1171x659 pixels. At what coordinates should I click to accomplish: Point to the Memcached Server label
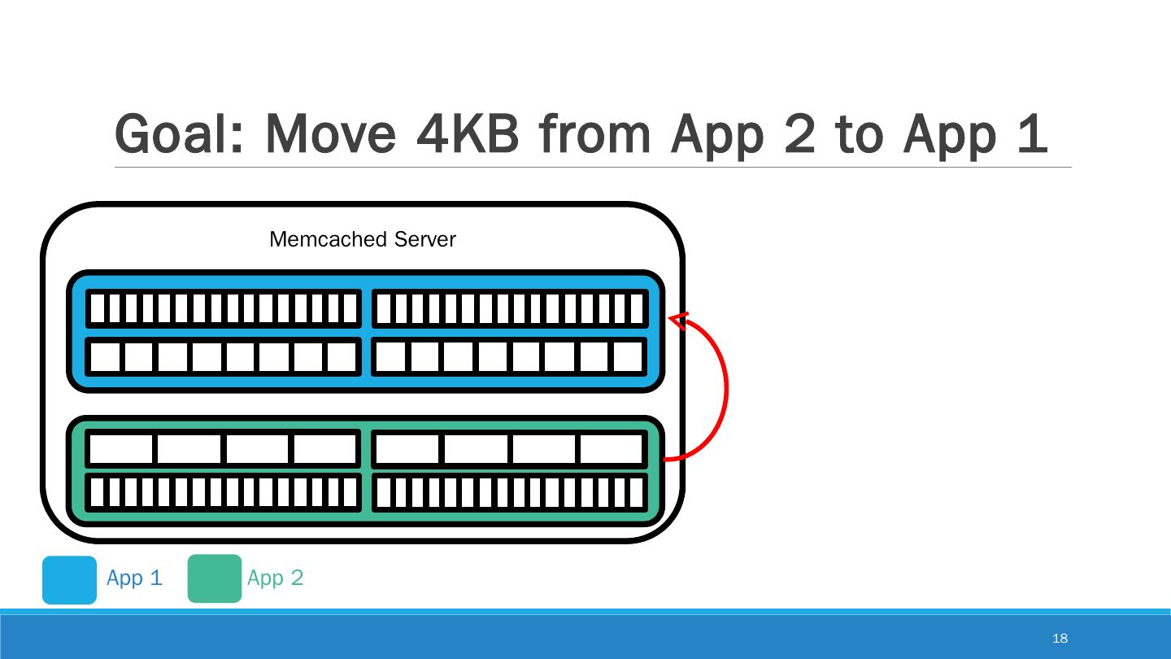click(362, 239)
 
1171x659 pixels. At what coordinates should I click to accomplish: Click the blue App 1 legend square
click(69, 579)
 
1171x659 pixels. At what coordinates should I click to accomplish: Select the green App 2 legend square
click(215, 578)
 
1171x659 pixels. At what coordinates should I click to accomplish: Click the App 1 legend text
click(134, 578)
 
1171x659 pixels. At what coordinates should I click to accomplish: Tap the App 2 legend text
click(275, 578)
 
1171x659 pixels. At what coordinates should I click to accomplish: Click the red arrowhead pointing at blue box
click(680, 320)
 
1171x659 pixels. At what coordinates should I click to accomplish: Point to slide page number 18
click(1060, 638)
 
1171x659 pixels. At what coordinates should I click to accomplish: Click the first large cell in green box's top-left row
click(120, 448)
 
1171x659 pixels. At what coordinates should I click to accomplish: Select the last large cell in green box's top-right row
click(612, 448)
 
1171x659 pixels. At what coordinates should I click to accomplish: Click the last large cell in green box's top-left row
click(325, 448)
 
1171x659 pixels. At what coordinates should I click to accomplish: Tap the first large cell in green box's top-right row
click(407, 448)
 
